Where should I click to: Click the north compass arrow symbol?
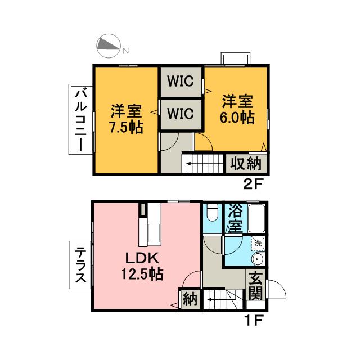point(109,46)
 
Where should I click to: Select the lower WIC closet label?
point(181,114)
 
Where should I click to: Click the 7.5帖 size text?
point(126,127)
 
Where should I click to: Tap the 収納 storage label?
point(246,164)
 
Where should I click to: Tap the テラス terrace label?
point(80,265)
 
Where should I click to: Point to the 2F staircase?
point(204,164)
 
